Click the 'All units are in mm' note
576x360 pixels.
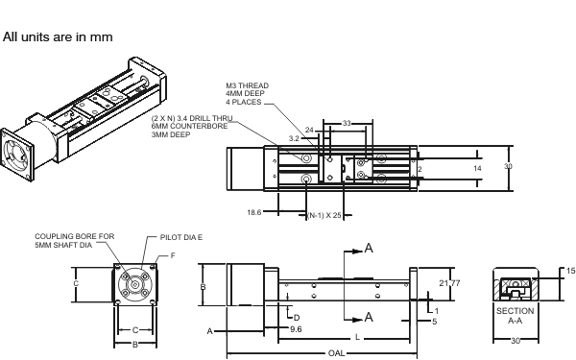(58, 37)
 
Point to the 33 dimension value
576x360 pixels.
(347, 124)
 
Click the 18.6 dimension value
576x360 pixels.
(254, 212)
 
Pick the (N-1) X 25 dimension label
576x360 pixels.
(324, 215)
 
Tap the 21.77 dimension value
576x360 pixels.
(449, 283)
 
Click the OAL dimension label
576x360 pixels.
(336, 353)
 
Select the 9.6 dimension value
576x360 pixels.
(296, 329)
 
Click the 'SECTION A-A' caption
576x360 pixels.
(515, 316)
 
